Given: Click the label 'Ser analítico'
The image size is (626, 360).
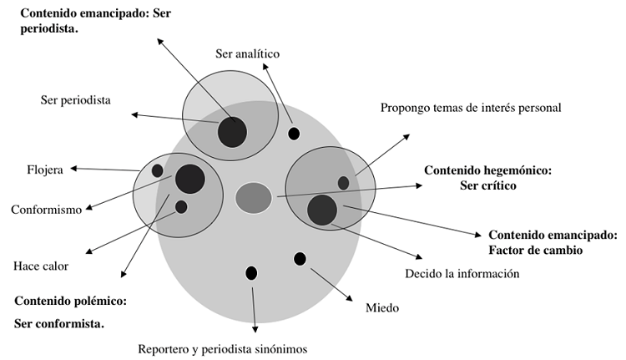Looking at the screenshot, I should [246, 54].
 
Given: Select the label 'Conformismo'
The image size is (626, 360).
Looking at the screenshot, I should [46, 210].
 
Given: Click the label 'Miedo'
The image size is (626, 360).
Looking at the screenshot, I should [382, 308].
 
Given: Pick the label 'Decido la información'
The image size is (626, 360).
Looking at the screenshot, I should [462, 273].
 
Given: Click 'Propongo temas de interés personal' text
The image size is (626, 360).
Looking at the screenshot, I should [471, 108].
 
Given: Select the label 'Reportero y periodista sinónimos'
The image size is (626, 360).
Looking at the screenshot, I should [224, 349].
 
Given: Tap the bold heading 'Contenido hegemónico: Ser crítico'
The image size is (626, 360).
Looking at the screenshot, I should [488, 178].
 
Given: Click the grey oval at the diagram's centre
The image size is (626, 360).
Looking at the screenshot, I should [254, 197].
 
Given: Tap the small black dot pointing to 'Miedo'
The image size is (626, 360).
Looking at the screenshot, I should [300, 259].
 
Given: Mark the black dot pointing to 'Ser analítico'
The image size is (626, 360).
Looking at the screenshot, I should [294, 134].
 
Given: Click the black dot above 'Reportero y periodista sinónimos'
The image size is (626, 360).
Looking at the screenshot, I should [251, 272].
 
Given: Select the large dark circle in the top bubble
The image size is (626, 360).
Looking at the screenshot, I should [232, 132].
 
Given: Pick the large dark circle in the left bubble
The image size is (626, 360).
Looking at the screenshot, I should [190, 178].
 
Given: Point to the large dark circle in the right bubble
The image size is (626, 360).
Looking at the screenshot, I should [321, 210].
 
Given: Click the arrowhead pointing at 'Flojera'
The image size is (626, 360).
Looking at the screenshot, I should [73, 169].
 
